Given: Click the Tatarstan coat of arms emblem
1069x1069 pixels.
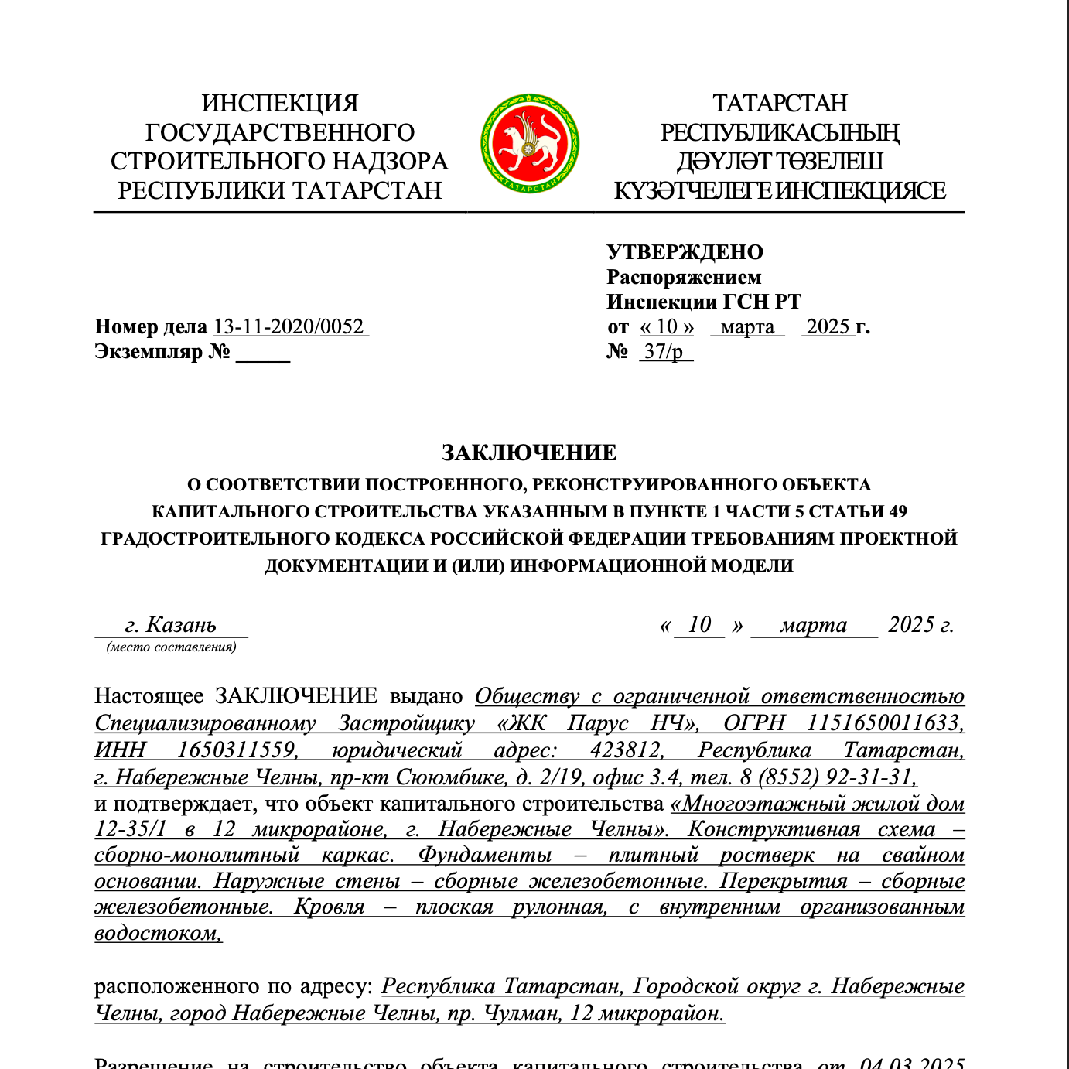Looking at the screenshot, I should pyautogui.click(x=530, y=143).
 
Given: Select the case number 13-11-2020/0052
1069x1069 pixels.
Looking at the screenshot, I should pyautogui.click(x=289, y=326).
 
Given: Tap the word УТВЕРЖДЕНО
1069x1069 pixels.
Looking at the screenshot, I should pyautogui.click(x=685, y=252).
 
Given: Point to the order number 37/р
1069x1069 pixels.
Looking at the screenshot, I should pyautogui.click(x=664, y=351).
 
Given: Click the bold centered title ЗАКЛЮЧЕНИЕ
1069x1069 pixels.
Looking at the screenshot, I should pyautogui.click(x=529, y=453).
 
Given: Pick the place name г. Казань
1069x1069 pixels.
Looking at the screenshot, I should pyautogui.click(x=171, y=624).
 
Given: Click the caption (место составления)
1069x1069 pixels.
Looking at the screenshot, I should pyautogui.click(x=171, y=647).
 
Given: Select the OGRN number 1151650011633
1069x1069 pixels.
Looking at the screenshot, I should pyautogui.click(x=885, y=722).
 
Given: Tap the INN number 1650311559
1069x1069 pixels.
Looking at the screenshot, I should pyautogui.click(x=237, y=750).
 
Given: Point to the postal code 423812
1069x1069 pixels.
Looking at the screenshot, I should pyautogui.click(x=626, y=750).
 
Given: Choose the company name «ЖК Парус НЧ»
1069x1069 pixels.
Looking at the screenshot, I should pyautogui.click(x=598, y=722).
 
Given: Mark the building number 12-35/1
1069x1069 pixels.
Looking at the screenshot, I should pyautogui.click(x=130, y=829).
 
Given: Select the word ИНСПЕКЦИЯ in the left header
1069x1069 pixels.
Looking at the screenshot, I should pyautogui.click(x=280, y=103).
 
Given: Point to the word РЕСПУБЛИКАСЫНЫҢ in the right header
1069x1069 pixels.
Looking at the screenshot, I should pyautogui.click(x=779, y=132).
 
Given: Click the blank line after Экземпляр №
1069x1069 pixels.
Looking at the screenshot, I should pyautogui.click(x=263, y=353).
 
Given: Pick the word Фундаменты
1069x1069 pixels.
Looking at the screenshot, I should pyautogui.click(x=485, y=855).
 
